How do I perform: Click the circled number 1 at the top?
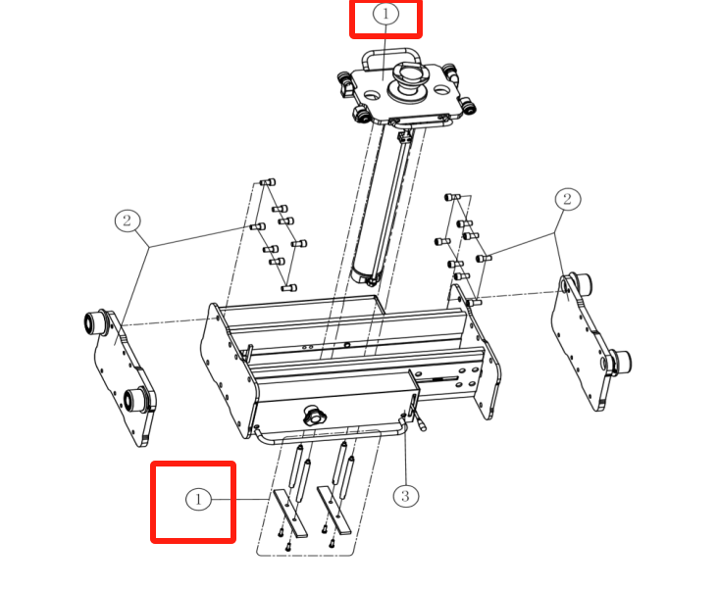[385, 14]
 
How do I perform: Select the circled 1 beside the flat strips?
[198, 499]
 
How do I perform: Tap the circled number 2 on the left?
[128, 221]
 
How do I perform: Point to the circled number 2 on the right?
[568, 199]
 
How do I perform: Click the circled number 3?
[406, 496]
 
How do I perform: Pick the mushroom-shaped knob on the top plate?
[408, 81]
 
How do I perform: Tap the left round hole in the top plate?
[372, 95]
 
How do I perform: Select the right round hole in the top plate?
[440, 90]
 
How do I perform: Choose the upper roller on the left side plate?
[95, 321]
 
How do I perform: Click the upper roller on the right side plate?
[580, 283]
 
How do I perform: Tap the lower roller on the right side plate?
[617, 362]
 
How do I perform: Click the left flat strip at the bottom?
[290, 514]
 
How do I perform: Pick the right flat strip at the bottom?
[334, 510]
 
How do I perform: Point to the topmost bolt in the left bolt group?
[268, 182]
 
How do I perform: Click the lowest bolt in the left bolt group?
[289, 288]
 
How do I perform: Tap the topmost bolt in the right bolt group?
[452, 197]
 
